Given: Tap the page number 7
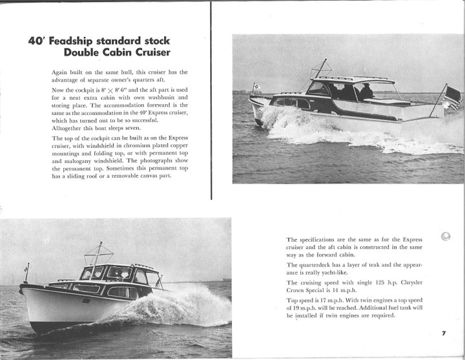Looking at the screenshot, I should tap(444, 334).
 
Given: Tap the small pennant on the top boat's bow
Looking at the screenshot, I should tap(256, 86).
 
